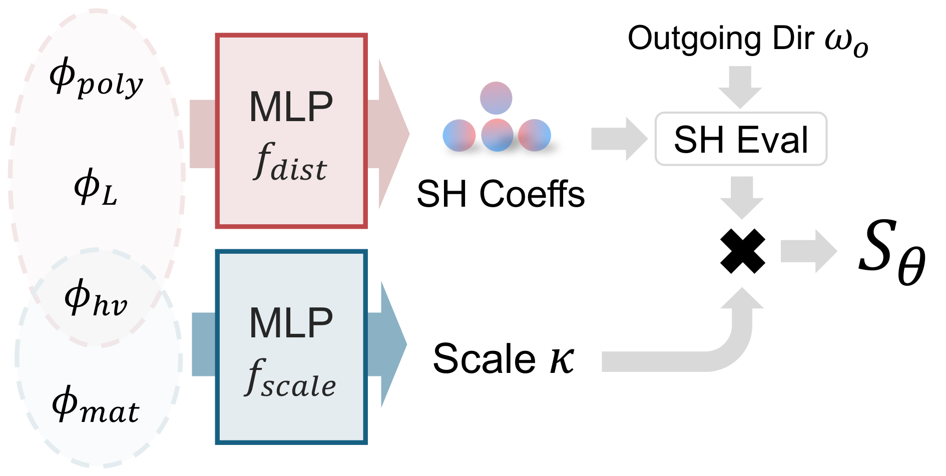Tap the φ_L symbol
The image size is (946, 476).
tap(95, 188)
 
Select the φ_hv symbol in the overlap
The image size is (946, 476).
tap(96, 299)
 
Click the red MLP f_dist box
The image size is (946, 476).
tap(291, 131)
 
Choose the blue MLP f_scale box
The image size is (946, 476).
tap(291, 347)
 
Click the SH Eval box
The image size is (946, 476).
tap(741, 139)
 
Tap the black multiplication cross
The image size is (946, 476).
tap(742, 251)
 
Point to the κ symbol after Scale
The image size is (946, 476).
tap(562, 359)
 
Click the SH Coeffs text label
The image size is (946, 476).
tap(501, 194)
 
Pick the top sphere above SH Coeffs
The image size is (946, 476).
tap(496, 98)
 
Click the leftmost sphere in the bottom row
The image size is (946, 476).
tap(459, 135)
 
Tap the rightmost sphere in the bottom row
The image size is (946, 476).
tap(534, 135)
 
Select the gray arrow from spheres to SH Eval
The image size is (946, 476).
tap(619, 139)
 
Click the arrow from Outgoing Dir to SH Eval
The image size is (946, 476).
tap(740, 86)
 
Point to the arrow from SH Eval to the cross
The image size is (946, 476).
tap(742, 197)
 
